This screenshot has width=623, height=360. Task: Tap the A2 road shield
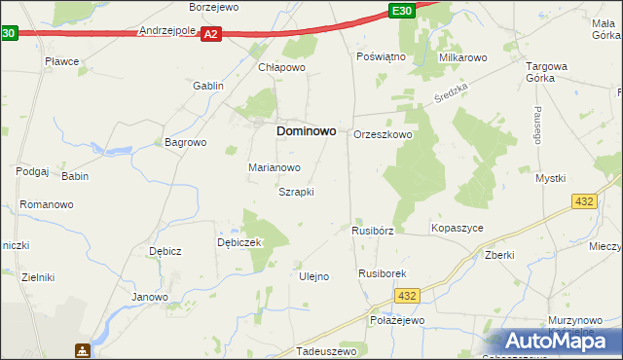coord(213,34)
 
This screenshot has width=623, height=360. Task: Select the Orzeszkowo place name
coord(383,134)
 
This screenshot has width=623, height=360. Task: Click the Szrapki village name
coord(296,192)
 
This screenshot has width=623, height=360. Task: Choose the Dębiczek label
coord(240,242)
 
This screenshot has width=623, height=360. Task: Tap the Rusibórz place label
coord(372,231)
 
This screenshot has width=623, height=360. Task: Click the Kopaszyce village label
coord(457,228)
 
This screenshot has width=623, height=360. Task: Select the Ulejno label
coord(312,276)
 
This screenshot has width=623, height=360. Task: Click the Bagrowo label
coord(186,142)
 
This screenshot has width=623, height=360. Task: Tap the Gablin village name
coord(208,86)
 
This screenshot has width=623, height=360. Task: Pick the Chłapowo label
coord(282,67)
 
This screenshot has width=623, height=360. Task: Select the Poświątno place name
coord(381,57)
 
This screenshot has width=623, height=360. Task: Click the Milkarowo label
coord(462,57)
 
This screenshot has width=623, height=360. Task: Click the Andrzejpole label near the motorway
coord(168,30)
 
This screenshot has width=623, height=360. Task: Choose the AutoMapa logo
coord(556,342)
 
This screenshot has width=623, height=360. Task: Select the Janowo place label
coord(151,297)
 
